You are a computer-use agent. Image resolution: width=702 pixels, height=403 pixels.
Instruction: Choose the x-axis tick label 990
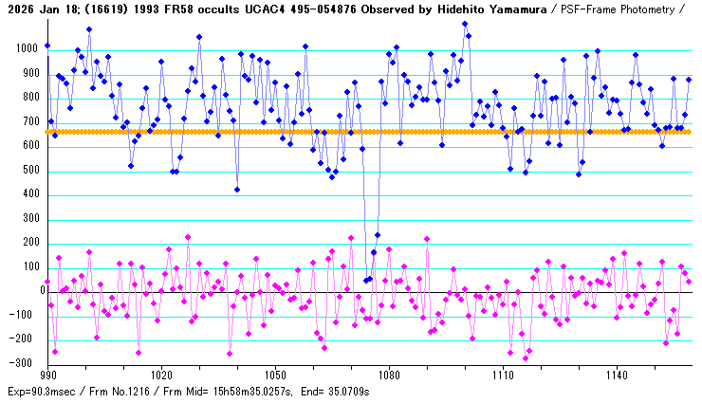(47, 375)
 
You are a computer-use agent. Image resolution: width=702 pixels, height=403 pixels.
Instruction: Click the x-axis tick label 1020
(161, 375)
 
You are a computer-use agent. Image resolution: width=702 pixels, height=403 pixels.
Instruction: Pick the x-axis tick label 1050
(275, 375)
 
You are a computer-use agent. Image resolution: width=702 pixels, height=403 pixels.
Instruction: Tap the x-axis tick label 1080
(389, 375)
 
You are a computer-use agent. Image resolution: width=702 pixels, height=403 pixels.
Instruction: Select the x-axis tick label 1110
(503, 375)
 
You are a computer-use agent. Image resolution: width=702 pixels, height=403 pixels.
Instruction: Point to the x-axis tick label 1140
(617, 375)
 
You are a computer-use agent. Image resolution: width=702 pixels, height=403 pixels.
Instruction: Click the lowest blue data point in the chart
(366, 281)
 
